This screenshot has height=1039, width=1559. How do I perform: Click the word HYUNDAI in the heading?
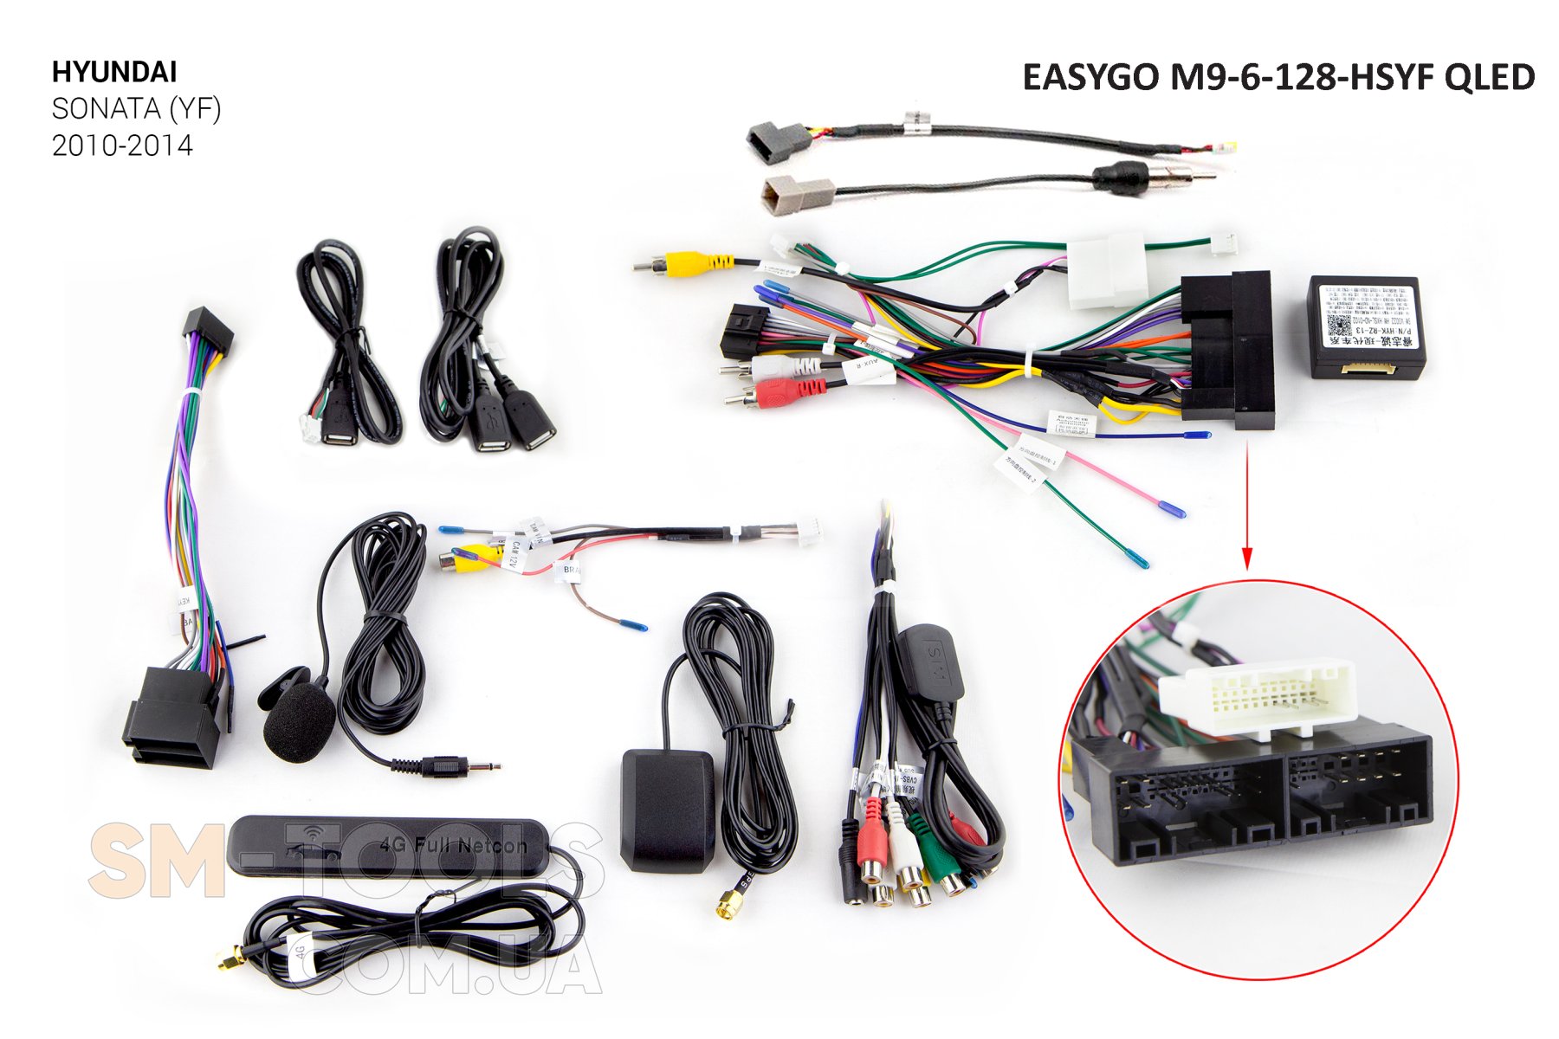pyautogui.click(x=114, y=72)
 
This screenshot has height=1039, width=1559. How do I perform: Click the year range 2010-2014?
pyautogui.click(x=122, y=145)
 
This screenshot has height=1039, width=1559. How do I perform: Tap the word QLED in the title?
pyautogui.click(x=1489, y=77)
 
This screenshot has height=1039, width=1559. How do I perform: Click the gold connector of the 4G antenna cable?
pyautogui.click(x=230, y=960)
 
